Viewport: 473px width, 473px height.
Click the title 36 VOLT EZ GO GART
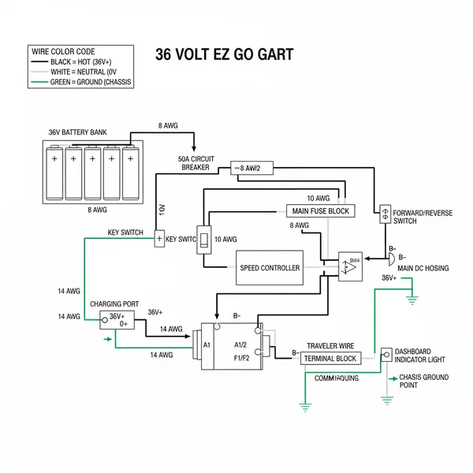pyautogui.click(x=225, y=54)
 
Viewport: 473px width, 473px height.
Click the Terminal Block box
pyautogui.click(x=330, y=359)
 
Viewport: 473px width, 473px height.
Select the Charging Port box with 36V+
pyautogui.click(x=117, y=319)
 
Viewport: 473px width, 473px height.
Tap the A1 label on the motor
pyautogui.click(x=207, y=345)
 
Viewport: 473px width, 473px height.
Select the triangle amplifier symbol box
pyautogui.click(x=351, y=266)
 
